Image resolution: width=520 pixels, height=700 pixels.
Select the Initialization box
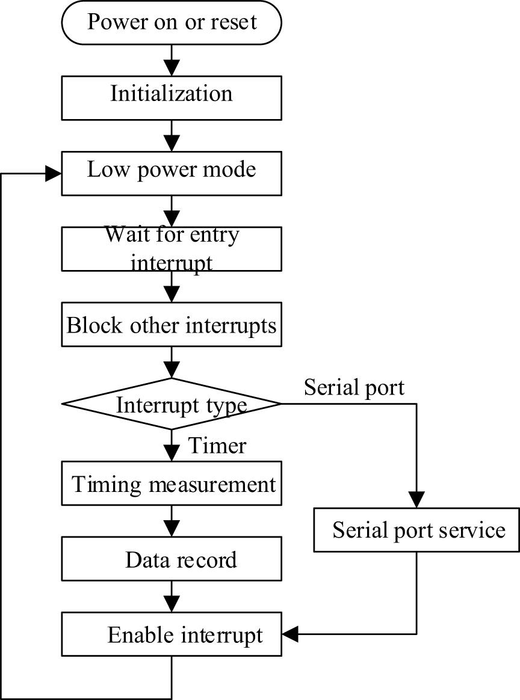(x=172, y=95)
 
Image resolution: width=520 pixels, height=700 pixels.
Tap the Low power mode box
(x=172, y=170)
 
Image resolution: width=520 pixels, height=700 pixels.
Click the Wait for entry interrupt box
(x=172, y=248)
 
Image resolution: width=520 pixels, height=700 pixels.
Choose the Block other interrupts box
(x=172, y=326)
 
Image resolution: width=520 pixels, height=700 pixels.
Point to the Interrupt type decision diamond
(x=172, y=404)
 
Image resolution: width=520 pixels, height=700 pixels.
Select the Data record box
(x=172, y=560)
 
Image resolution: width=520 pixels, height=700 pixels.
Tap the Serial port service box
(x=417, y=530)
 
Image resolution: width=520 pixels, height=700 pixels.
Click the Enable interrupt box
(x=172, y=634)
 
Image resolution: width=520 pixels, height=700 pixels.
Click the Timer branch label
(x=217, y=446)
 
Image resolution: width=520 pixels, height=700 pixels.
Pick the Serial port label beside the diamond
(x=354, y=388)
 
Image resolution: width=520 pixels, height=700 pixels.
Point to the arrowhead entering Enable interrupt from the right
(x=289, y=633)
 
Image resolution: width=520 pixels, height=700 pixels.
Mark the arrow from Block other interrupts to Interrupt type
(x=172, y=363)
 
